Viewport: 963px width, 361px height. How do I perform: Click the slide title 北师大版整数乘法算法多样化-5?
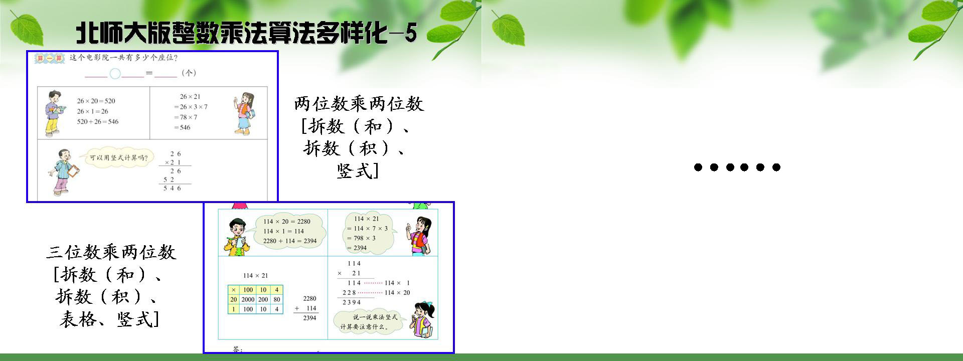tap(246, 33)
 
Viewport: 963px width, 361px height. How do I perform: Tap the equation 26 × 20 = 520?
tap(96, 101)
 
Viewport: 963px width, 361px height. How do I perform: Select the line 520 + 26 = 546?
tap(98, 122)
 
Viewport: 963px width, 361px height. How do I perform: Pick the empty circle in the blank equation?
tap(115, 74)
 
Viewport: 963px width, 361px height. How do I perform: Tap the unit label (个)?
tap(189, 73)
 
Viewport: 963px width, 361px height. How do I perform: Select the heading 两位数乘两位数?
tap(359, 104)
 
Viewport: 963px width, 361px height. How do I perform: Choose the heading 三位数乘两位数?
tap(111, 252)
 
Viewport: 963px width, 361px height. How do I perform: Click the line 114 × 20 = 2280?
tap(287, 222)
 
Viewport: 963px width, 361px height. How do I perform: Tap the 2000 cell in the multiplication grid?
tap(248, 299)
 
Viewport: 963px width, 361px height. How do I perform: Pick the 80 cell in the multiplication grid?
tap(277, 299)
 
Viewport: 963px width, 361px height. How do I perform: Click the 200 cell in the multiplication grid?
tap(263, 299)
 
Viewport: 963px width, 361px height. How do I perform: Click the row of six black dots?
tap(737, 167)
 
